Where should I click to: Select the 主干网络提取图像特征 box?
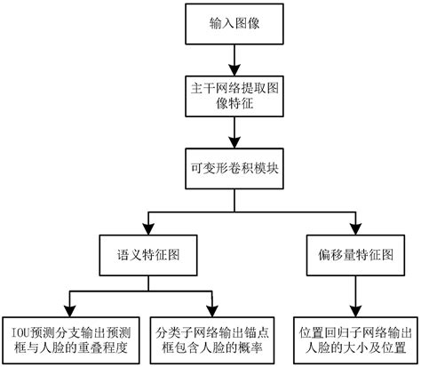(234, 97)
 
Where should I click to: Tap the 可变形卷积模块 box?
(234, 168)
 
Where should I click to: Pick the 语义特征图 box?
(146, 253)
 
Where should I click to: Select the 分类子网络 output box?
(210, 337)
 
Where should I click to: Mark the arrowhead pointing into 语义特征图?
(146, 227)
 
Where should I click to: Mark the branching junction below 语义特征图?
(146, 289)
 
